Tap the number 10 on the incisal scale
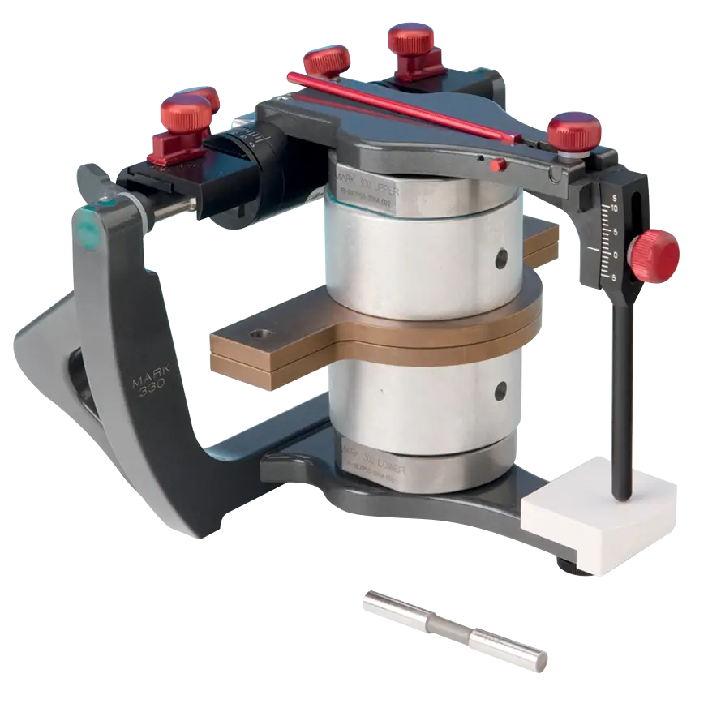click(616, 208)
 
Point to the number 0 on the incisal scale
click(616, 255)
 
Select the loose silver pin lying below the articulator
click(454, 629)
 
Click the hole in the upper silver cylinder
click(502, 258)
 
